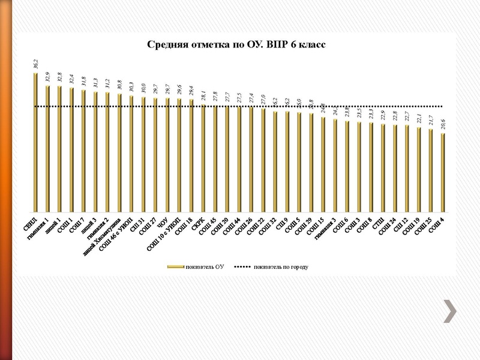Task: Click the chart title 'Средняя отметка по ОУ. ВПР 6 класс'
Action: [x=236, y=44]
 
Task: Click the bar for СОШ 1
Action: [x=71, y=150]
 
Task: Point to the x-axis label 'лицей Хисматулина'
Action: [x=104, y=236]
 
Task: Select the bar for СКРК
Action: [x=203, y=159]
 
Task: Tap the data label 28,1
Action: [x=204, y=97]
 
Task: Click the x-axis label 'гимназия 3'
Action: [x=327, y=231]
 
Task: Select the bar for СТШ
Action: [x=383, y=169]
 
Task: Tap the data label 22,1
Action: [x=419, y=119]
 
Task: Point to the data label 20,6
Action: [x=443, y=125]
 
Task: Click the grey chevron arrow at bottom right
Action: [x=450, y=310]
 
